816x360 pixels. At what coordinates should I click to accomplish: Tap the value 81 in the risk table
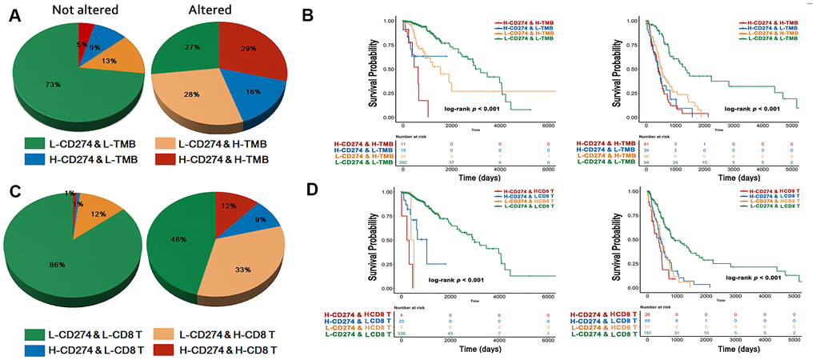click(x=631, y=143)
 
